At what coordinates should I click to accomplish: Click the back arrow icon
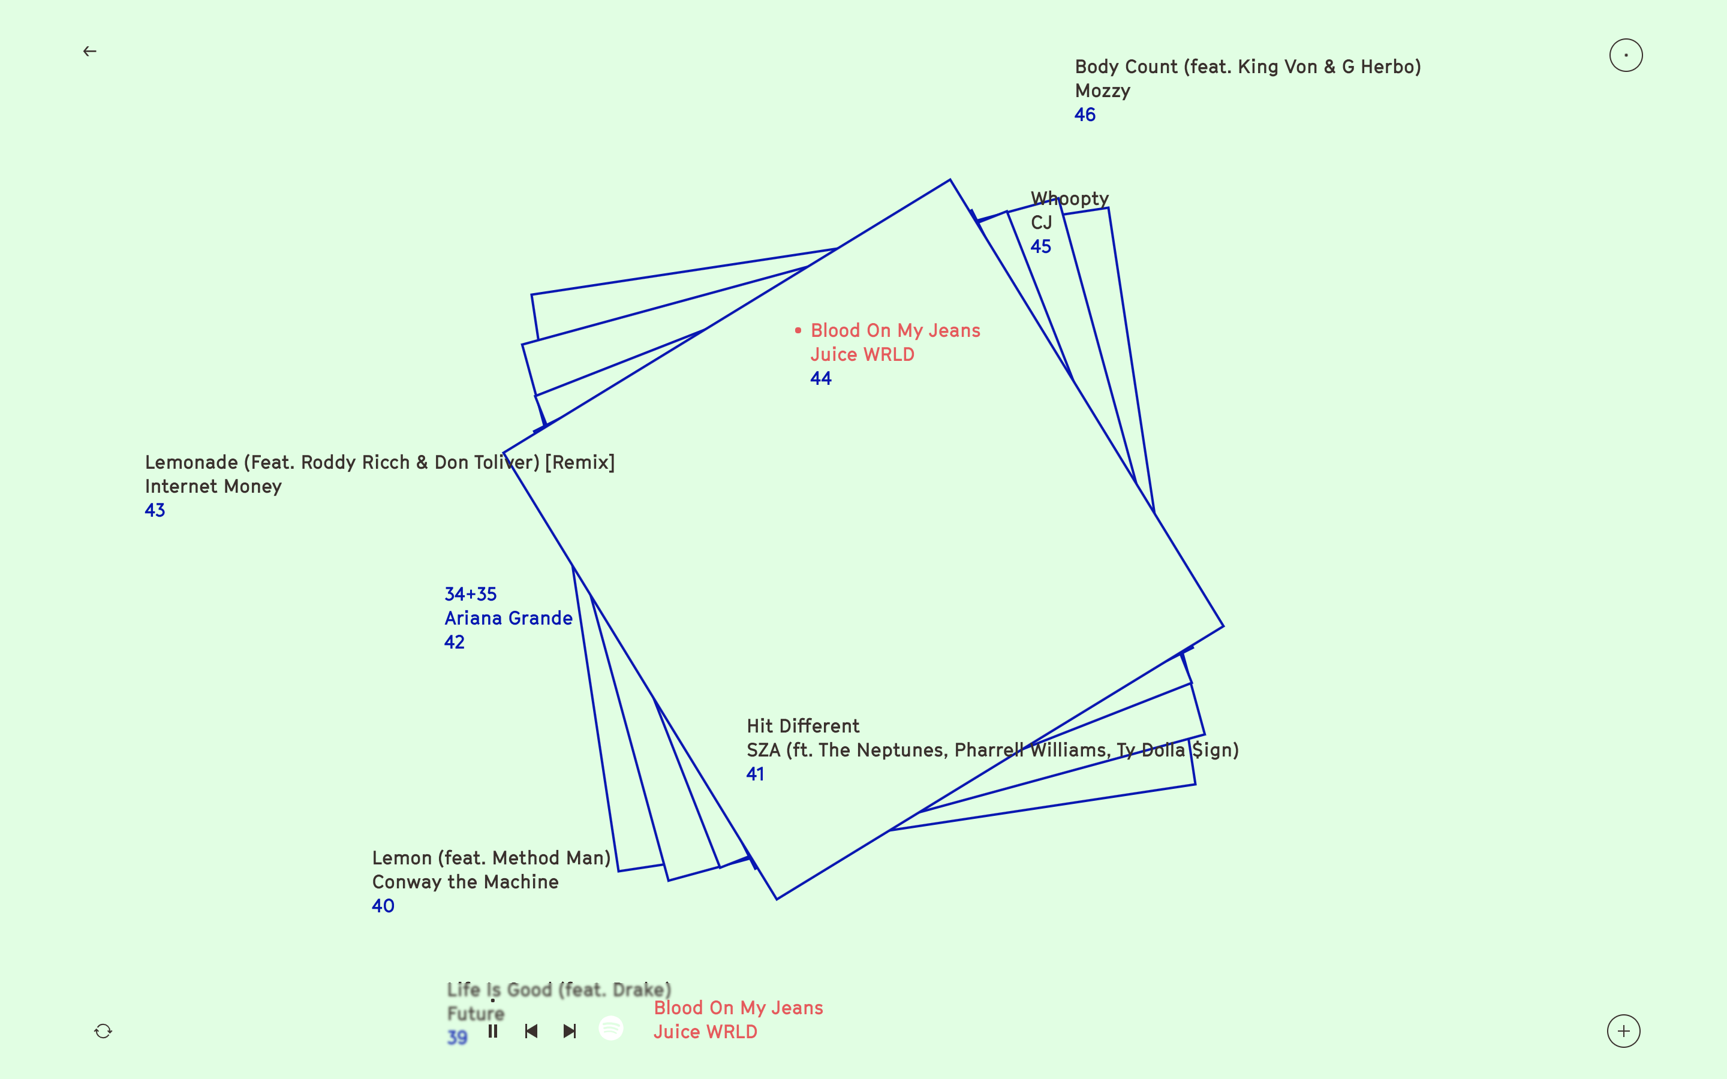90,52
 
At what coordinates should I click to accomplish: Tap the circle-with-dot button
1626,56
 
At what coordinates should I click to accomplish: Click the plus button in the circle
1623,1031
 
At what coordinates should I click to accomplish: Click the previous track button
531,1031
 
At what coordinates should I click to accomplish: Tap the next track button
570,1031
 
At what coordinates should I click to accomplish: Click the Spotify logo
611,1028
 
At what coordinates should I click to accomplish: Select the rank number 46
1085,115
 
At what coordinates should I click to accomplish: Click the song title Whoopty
1070,198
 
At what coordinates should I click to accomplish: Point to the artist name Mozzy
1103,91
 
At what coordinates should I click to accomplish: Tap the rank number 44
821,378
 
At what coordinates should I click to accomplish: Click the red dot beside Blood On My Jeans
798,330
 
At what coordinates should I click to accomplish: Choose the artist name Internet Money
213,487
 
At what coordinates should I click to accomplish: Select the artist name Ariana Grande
508,618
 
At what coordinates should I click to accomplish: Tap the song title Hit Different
803,726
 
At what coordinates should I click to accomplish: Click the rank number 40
383,906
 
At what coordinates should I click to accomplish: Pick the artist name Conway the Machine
465,882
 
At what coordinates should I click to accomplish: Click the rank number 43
155,510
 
